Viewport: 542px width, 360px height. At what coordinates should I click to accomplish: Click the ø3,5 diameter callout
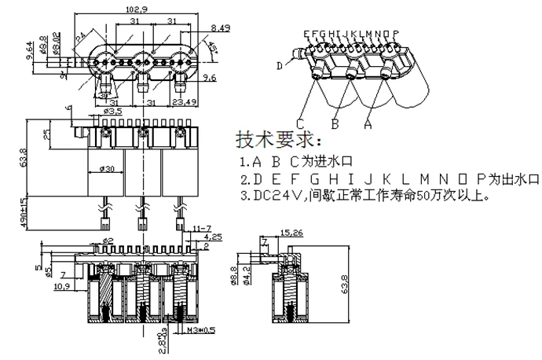click(115, 112)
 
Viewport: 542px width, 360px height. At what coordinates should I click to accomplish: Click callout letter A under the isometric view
click(367, 123)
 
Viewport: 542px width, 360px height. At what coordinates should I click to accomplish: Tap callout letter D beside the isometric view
click(280, 66)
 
